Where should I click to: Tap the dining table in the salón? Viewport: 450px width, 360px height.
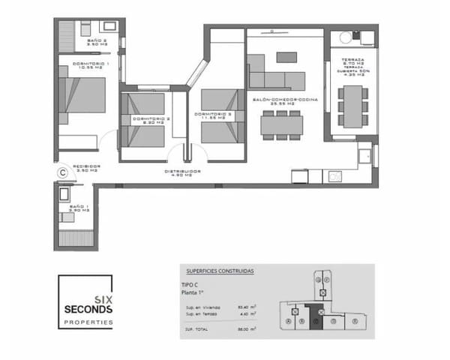click(x=282, y=124)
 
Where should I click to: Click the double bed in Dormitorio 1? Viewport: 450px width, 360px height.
click(x=85, y=95)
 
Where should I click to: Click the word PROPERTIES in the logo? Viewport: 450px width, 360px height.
click(x=88, y=322)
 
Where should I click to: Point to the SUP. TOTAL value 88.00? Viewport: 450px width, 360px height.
click(x=243, y=328)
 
